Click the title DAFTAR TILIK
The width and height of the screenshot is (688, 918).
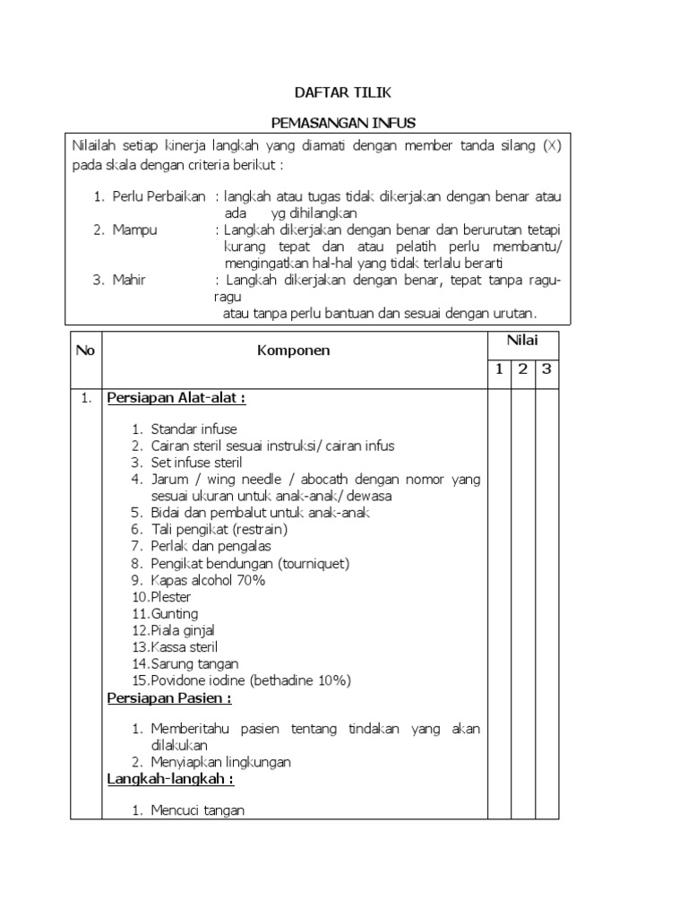(x=343, y=92)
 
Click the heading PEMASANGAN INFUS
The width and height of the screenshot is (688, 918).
(x=343, y=121)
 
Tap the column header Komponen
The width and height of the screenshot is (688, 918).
(x=293, y=351)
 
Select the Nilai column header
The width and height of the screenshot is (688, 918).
(x=520, y=340)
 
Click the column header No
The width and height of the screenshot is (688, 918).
(x=86, y=351)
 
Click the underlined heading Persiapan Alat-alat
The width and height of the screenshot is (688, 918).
(x=176, y=398)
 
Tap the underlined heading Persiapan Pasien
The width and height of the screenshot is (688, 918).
(x=169, y=697)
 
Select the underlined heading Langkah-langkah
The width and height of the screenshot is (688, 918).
(x=170, y=779)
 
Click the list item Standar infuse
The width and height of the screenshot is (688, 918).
(x=193, y=429)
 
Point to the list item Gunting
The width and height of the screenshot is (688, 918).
(x=176, y=613)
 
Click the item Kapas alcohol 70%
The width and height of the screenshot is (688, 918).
(x=208, y=580)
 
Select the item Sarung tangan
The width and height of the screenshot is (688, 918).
(x=194, y=663)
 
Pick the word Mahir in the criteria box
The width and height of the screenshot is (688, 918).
(x=129, y=280)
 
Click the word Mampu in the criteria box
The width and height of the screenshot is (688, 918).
(x=134, y=230)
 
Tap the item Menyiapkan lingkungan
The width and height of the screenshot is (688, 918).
(x=220, y=762)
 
